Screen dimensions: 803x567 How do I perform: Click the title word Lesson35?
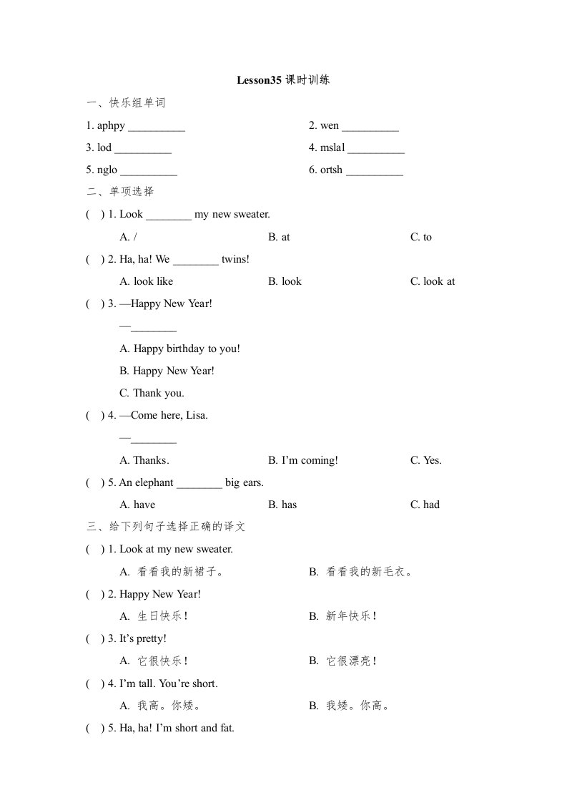coord(259,81)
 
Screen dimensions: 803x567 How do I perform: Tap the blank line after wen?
coord(370,127)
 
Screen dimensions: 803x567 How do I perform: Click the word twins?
coord(235,259)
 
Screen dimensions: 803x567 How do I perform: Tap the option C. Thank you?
coord(152,393)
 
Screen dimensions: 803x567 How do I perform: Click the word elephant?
coord(153,482)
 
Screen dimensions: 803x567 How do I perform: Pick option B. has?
coord(282,505)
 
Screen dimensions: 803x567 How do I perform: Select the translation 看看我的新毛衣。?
coord(369,572)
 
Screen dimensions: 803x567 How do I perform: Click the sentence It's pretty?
coord(142,638)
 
